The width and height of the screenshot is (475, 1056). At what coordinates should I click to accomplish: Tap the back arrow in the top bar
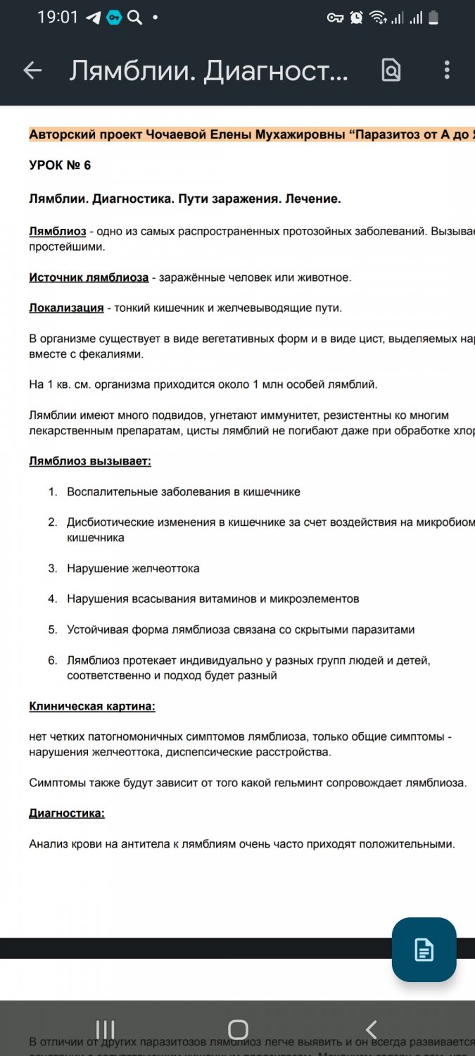pyautogui.click(x=32, y=70)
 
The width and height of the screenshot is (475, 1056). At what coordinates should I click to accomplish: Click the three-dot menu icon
pyautogui.click(x=447, y=70)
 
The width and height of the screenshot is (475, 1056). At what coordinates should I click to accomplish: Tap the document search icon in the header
pyautogui.click(x=391, y=70)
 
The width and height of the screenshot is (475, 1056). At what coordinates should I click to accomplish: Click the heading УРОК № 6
pyautogui.click(x=60, y=165)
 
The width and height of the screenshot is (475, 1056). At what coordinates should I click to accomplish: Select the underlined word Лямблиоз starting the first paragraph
pyautogui.click(x=58, y=232)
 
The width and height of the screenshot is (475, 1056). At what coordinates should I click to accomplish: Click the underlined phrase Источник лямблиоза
pyautogui.click(x=89, y=277)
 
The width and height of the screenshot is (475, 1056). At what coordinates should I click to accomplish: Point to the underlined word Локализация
pyautogui.click(x=66, y=308)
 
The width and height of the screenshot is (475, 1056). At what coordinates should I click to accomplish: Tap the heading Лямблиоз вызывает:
pyautogui.click(x=90, y=461)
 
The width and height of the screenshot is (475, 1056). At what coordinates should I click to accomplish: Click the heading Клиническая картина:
pyautogui.click(x=92, y=706)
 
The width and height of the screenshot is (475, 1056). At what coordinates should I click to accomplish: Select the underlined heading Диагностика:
pyautogui.click(x=67, y=813)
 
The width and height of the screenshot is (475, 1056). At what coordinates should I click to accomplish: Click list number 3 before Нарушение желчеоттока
pyautogui.click(x=52, y=568)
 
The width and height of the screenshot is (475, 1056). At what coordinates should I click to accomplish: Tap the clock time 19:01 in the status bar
pyautogui.click(x=58, y=17)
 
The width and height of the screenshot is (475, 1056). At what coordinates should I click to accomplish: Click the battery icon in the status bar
pyautogui.click(x=433, y=18)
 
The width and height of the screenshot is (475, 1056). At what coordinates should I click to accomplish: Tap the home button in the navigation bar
pyautogui.click(x=238, y=1029)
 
